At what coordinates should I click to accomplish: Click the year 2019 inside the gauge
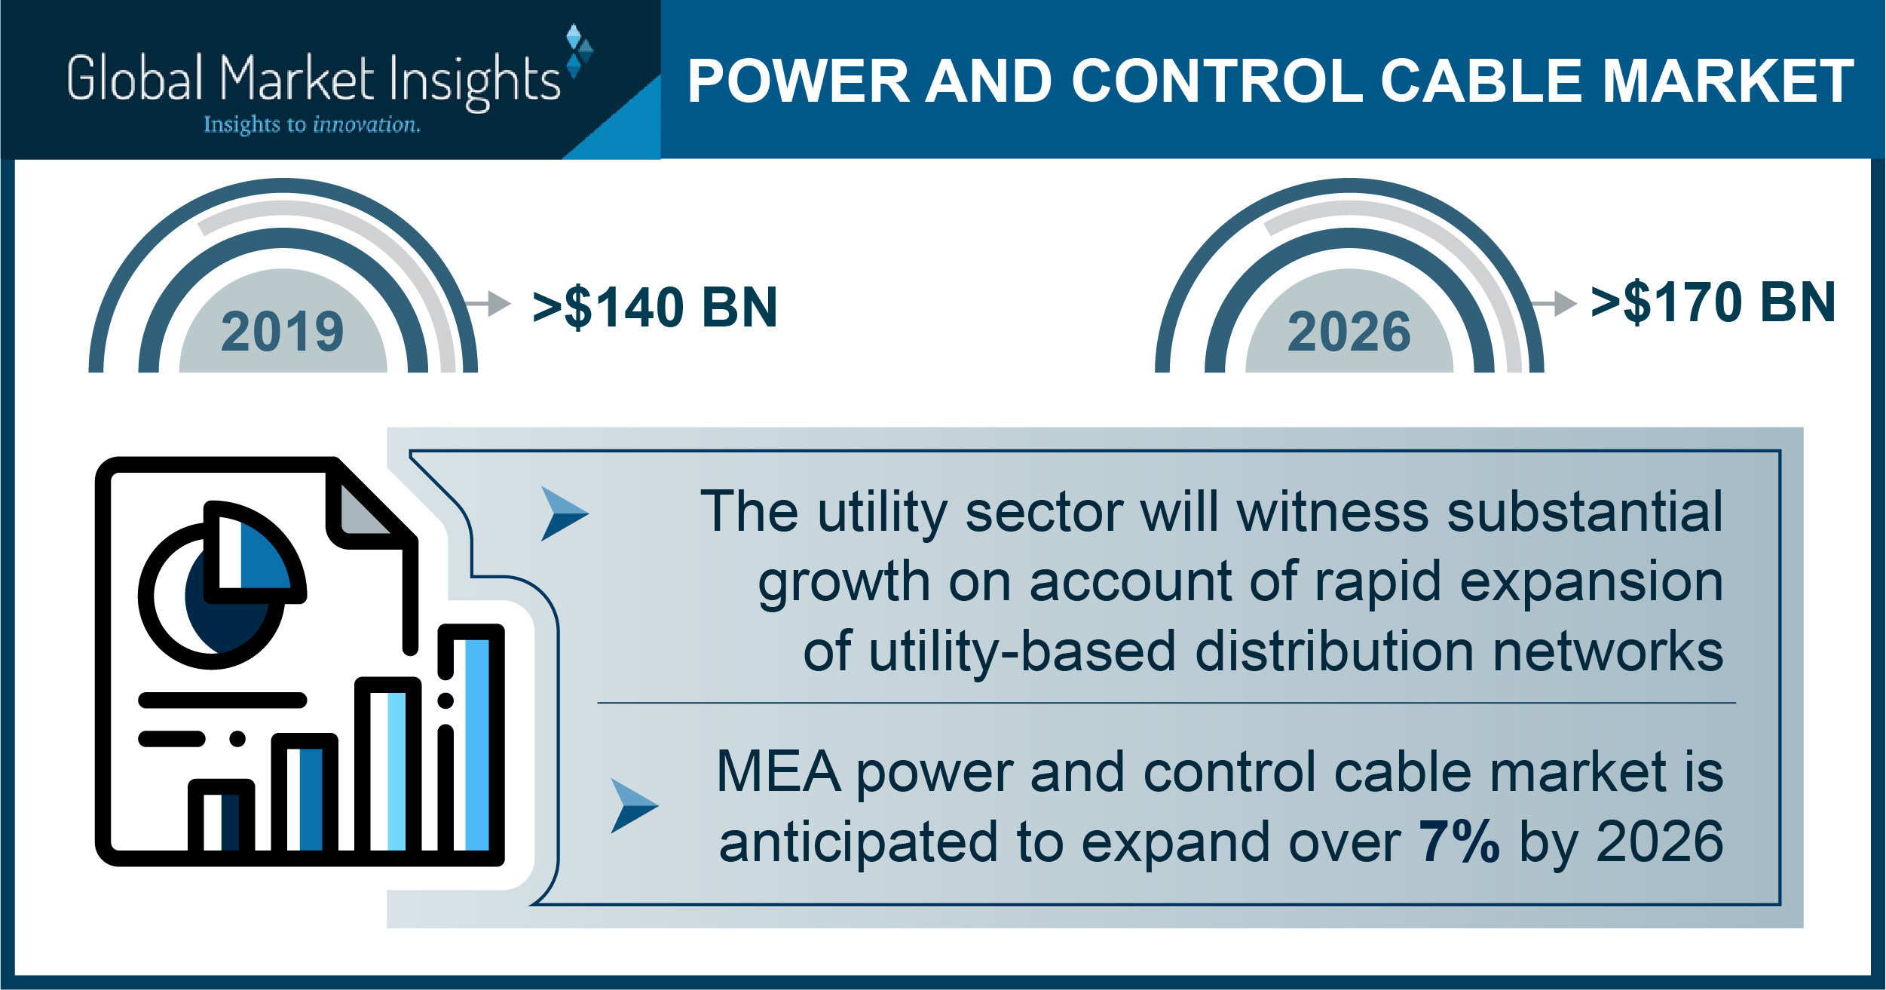click(283, 332)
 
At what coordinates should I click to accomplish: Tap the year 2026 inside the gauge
click(1349, 332)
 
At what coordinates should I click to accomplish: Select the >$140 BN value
click(654, 307)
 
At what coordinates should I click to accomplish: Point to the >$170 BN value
click(1713, 302)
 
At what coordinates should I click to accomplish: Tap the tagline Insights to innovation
click(311, 124)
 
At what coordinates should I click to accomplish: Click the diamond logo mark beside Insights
click(579, 51)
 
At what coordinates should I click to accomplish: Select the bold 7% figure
click(1459, 841)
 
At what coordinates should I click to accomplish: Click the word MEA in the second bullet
click(778, 771)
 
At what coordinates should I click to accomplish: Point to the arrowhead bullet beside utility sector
click(564, 513)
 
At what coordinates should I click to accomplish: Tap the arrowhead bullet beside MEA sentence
click(634, 805)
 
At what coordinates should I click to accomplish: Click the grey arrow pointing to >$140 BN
click(488, 303)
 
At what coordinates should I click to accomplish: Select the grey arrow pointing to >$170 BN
click(1554, 303)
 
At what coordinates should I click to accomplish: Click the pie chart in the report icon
click(222, 585)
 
